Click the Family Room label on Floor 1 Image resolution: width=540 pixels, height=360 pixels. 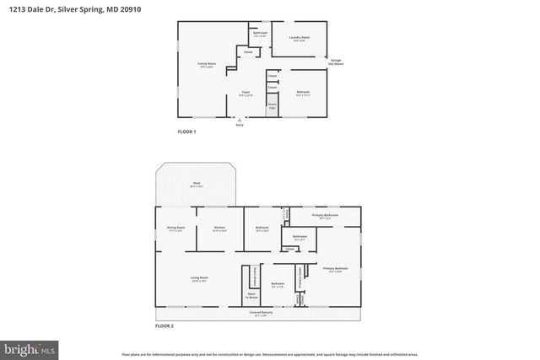click(x=207, y=65)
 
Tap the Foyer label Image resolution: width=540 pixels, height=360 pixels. click(x=246, y=93)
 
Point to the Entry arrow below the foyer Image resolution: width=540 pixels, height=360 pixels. click(x=240, y=122)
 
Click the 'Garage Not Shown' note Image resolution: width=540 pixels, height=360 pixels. click(x=335, y=62)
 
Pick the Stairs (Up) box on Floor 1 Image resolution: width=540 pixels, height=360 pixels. click(x=272, y=107)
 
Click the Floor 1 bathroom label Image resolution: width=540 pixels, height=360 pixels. click(x=260, y=34)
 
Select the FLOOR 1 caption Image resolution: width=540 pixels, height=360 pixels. click(x=186, y=132)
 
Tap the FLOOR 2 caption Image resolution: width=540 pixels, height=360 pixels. click(x=164, y=325)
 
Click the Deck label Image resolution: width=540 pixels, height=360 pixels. click(x=196, y=185)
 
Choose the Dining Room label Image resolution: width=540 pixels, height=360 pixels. click(x=175, y=228)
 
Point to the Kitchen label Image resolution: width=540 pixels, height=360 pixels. click(x=219, y=228)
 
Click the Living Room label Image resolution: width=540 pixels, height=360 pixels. click(x=200, y=278)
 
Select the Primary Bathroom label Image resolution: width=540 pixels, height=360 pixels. click(x=325, y=216)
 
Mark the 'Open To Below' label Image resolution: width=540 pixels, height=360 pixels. click(x=251, y=296)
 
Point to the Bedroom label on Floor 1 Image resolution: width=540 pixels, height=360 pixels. click(x=303, y=93)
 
